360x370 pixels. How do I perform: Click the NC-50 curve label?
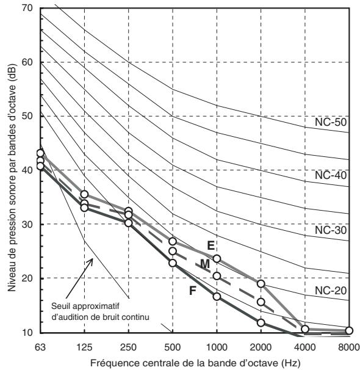(x=331, y=122)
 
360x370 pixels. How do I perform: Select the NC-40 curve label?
(x=331, y=175)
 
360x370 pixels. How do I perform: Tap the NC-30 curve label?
(x=331, y=230)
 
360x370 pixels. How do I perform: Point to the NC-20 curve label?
(x=331, y=291)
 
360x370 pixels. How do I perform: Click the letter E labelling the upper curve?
(x=211, y=245)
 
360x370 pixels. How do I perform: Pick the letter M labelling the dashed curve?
(x=205, y=264)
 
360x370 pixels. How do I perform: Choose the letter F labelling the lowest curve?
(x=193, y=291)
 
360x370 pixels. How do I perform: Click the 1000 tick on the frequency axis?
(x=217, y=347)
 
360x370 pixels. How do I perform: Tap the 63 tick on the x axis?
(x=40, y=347)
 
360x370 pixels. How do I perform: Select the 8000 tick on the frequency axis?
(x=349, y=347)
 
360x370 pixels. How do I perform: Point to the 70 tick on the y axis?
(x=26, y=9)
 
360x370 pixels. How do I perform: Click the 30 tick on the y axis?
(x=26, y=224)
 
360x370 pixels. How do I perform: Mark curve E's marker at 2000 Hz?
(x=261, y=284)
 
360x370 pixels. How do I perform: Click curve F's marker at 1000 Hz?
(x=217, y=297)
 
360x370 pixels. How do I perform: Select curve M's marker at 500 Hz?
(x=173, y=252)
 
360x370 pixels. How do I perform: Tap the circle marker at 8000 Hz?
(x=349, y=330)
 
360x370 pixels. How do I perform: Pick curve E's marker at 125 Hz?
(x=84, y=194)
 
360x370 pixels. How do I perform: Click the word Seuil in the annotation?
(x=60, y=307)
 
